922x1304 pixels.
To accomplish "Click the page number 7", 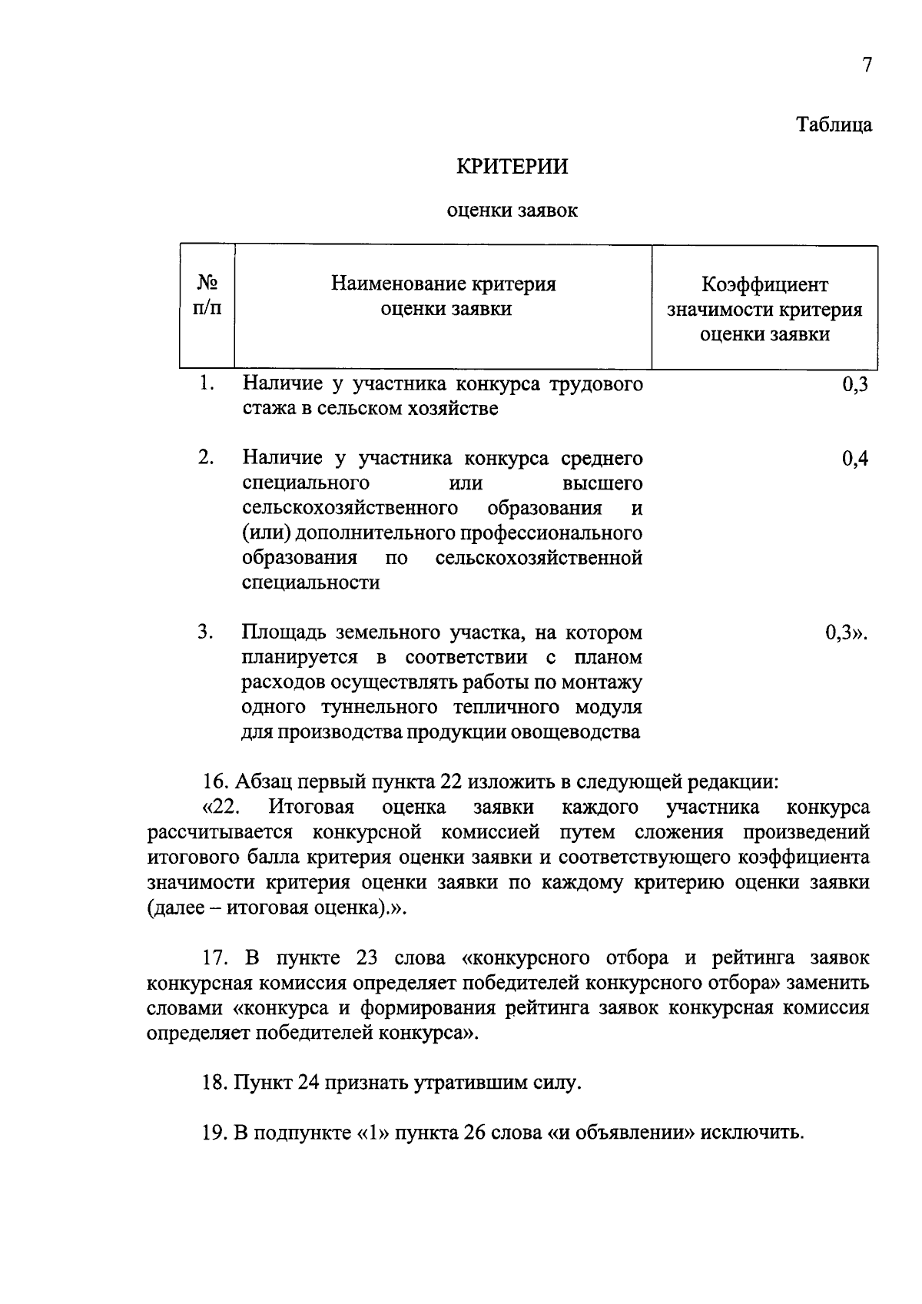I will pos(867,65).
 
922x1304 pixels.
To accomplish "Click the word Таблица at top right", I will pos(833,125).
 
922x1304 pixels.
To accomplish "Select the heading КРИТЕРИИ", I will pos(512,167).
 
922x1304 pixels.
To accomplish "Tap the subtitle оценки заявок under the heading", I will pos(512,210).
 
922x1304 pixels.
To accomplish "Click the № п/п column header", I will pos(206,296).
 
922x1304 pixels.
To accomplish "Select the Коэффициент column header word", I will pos(764,285).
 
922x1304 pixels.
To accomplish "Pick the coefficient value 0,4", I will pos(854,459).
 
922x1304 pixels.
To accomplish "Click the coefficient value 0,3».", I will pos(846,633).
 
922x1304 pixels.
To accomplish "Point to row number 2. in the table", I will pos(205,458).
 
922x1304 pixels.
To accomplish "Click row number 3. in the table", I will pos(205,632).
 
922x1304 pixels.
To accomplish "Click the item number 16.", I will pos(215,783).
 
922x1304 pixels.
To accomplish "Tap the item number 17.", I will pos(215,958).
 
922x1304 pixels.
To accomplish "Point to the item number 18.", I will pos(215,1083).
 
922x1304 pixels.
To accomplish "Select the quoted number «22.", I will pos(222,808).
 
